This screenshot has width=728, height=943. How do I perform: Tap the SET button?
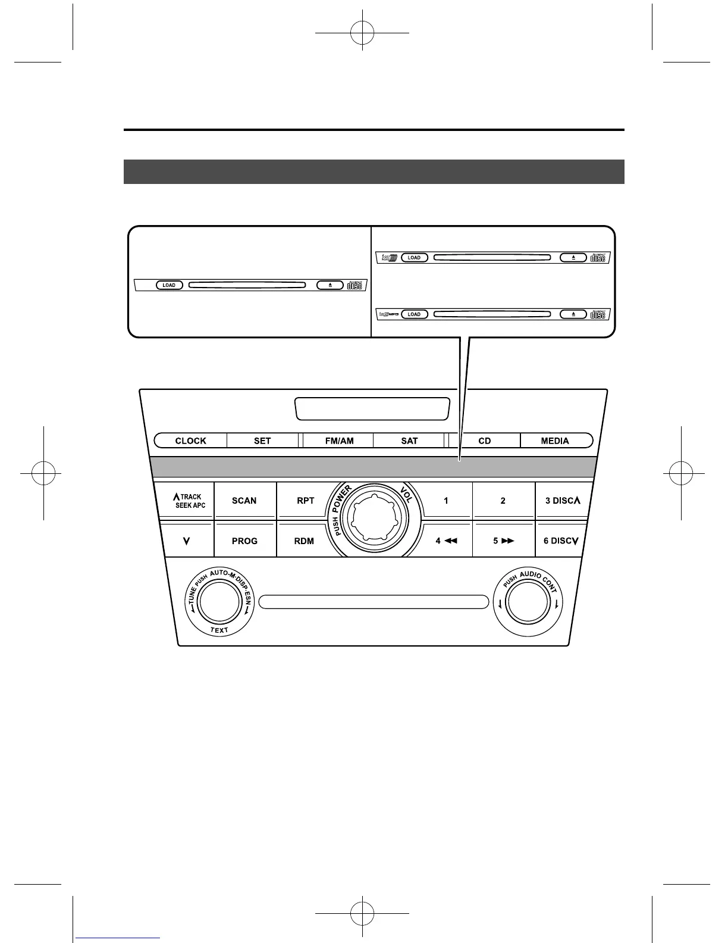pos(262,441)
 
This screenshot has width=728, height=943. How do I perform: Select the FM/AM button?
pos(339,441)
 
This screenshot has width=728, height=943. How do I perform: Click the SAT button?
pos(409,441)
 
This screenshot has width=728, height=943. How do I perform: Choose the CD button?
pos(485,441)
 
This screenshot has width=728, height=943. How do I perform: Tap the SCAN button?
pos(244,501)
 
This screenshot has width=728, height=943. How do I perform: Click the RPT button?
pos(305,501)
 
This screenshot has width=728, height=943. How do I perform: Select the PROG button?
pos(244,541)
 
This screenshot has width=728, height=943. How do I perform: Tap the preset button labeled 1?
pos(446,501)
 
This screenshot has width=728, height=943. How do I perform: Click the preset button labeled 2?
pos(503,501)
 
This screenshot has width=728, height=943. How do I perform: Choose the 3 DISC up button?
pos(562,501)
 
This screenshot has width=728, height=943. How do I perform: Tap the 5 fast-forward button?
pos(503,541)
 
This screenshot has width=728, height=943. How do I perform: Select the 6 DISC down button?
pos(560,541)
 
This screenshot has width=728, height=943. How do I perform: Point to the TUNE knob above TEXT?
pos(219,602)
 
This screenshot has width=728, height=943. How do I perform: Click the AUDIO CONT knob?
pos(528,602)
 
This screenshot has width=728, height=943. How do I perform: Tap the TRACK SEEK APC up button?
pos(187,501)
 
